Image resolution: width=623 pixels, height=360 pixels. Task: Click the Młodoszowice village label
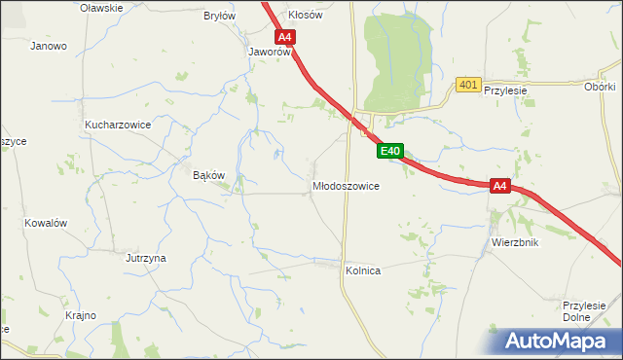[346, 185]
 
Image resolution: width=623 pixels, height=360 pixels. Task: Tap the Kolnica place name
[362, 270]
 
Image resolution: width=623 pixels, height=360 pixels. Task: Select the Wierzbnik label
[515, 242]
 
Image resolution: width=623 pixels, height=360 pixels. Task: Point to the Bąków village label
[209, 175]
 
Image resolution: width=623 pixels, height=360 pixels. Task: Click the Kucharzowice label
[117, 126]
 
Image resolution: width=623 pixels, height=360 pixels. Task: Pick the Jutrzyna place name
[146, 258]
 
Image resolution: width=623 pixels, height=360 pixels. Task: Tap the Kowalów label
[46, 223]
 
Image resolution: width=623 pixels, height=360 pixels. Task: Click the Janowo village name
[49, 46]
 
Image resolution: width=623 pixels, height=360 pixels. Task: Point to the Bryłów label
[219, 16]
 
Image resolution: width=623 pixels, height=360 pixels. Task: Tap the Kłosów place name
[306, 16]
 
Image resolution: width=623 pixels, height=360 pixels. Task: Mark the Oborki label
[600, 87]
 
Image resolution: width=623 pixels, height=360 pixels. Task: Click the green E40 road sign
[390, 151]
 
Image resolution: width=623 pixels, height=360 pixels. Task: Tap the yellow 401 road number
[468, 86]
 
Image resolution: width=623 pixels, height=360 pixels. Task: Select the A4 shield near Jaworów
[284, 38]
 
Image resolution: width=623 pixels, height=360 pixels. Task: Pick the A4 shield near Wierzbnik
[499, 186]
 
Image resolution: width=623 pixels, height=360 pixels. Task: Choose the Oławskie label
[102, 8]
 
